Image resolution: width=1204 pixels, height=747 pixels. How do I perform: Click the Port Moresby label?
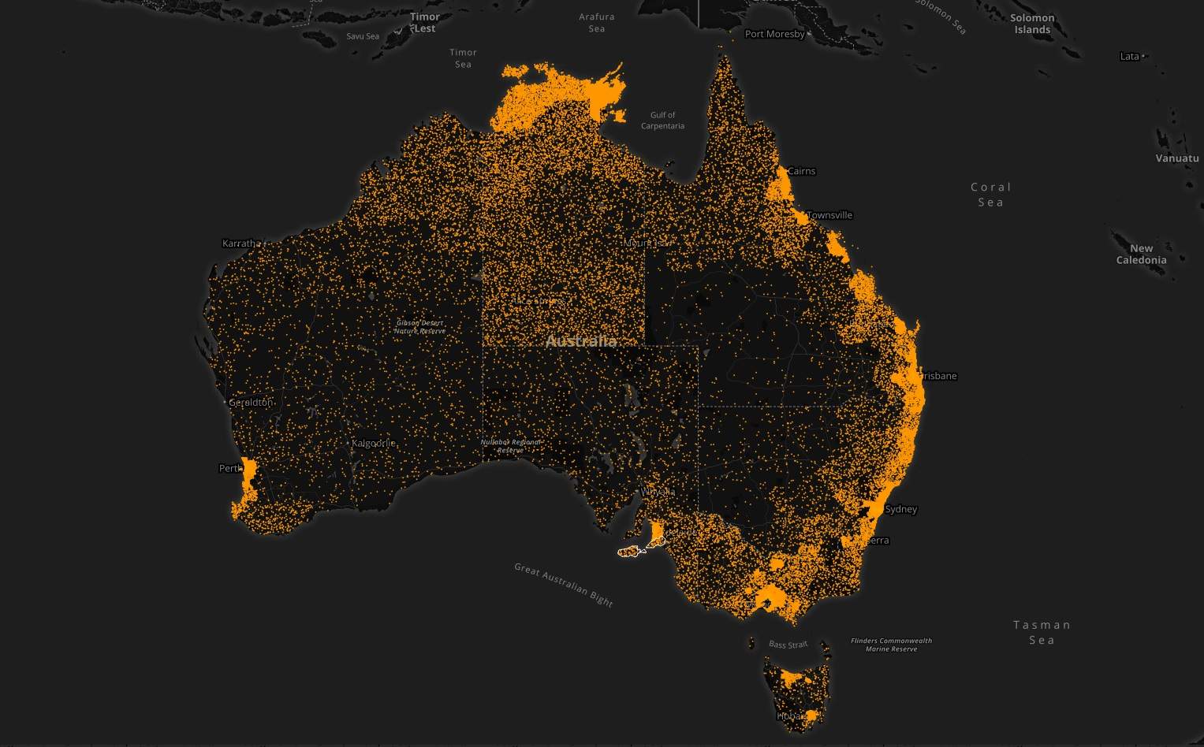pos(775,34)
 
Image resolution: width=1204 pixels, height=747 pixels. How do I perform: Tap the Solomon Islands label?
pos(1032,24)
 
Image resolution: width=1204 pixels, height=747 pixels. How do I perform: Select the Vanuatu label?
pos(1176,158)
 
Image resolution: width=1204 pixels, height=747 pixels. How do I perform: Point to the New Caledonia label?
pos(1141,254)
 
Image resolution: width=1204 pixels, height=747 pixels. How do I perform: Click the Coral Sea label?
pos(990,195)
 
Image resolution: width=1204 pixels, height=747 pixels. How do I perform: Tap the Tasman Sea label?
pos(1042,632)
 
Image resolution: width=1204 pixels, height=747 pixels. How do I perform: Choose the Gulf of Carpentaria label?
pos(662,120)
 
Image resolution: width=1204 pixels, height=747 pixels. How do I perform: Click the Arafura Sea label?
pos(597,23)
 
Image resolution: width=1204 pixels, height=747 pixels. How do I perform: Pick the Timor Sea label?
pos(463,58)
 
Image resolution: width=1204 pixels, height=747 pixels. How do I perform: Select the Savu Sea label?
pos(363,36)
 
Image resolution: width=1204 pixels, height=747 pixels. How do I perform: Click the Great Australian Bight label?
pos(563,584)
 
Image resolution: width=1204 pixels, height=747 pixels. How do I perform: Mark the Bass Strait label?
pos(788,645)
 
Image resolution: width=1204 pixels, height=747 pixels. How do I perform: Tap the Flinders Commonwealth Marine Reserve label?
pos(891,645)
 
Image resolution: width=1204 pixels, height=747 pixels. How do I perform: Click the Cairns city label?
pos(801,171)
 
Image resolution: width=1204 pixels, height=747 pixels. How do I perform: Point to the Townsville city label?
pos(829,215)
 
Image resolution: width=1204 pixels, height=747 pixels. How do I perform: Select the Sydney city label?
pos(900,509)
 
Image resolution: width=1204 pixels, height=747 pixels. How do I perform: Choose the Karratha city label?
pos(240,243)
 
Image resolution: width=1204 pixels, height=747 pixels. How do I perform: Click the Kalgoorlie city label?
pos(373,444)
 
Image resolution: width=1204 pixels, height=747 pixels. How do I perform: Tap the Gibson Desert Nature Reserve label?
pos(419,326)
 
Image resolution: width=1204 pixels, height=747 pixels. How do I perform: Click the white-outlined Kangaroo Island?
pos(629,552)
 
